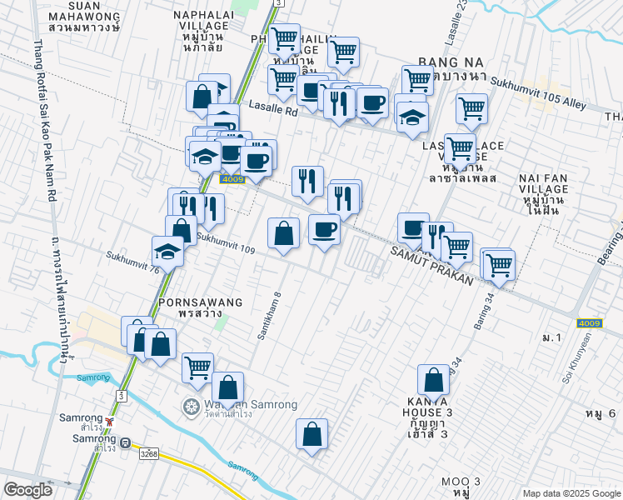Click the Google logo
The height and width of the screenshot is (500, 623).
(x=29, y=490)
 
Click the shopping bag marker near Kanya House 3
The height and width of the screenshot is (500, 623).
(x=434, y=381)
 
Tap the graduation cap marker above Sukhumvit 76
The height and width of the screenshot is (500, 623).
(x=168, y=252)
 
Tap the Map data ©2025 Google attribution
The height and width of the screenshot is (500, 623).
(x=570, y=492)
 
